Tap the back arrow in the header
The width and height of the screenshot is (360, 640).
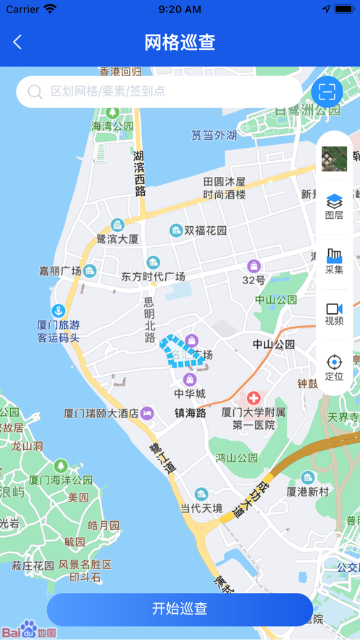(x=17, y=42)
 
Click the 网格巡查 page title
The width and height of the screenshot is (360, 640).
(x=180, y=42)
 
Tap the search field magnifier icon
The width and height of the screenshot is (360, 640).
(x=35, y=92)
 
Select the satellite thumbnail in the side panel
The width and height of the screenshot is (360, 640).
(x=334, y=158)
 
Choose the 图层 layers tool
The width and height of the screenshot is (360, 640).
(x=334, y=205)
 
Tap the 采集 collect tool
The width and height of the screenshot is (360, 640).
(x=334, y=260)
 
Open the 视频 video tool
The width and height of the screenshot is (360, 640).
(x=334, y=314)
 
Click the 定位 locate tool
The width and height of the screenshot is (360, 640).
(x=334, y=367)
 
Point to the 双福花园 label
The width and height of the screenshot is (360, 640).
(x=205, y=230)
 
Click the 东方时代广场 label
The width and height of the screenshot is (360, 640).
(x=153, y=276)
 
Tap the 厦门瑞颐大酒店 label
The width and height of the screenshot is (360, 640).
(x=101, y=413)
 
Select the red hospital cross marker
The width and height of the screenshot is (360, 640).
(x=254, y=398)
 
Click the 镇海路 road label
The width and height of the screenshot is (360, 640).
(x=191, y=413)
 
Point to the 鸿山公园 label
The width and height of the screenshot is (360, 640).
(x=236, y=457)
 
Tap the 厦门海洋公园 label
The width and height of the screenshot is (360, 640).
(x=61, y=480)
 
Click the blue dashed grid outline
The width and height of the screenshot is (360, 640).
(x=177, y=352)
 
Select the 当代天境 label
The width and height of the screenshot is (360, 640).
(x=201, y=508)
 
